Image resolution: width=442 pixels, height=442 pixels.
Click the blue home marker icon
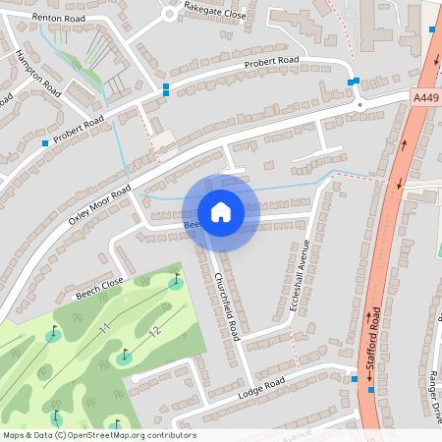221,212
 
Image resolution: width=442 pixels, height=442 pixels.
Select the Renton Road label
53,18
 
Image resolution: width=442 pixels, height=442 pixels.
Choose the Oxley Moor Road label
99,207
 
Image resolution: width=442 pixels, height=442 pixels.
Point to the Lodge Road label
261,387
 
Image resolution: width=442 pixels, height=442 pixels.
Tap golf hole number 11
103,327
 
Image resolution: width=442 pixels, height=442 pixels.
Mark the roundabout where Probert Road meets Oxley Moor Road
359,102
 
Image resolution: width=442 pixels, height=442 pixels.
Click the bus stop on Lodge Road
355,378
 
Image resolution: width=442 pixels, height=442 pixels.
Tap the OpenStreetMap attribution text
99,435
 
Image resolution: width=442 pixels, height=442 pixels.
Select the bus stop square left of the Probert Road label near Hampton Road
45,143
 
